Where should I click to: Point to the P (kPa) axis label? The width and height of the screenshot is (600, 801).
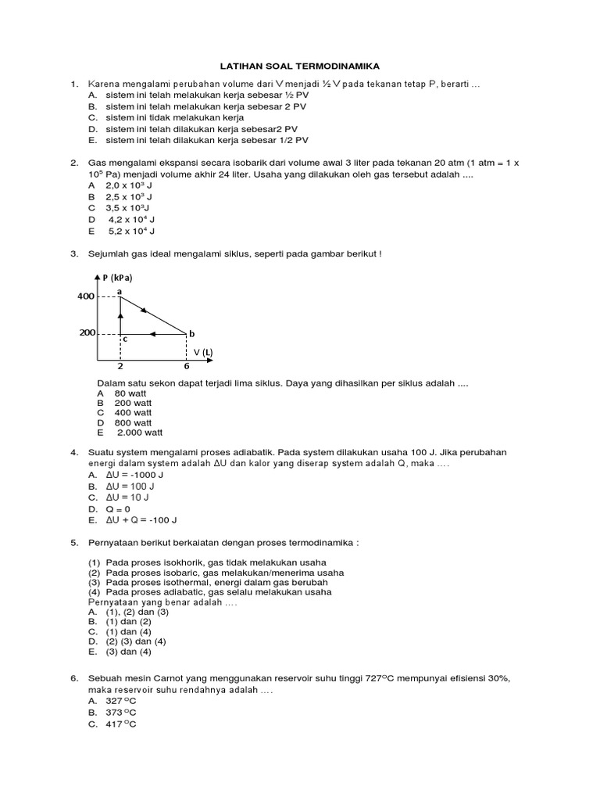(x=117, y=278)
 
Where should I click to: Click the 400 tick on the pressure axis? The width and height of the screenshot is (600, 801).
(x=85, y=296)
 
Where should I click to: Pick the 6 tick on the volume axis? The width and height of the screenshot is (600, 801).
(x=186, y=366)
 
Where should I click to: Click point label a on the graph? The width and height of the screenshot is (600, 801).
(x=120, y=291)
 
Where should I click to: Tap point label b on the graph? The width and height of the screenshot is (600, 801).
(x=191, y=333)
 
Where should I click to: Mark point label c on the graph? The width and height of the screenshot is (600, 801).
(x=124, y=339)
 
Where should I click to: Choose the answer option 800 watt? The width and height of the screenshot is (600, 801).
(x=134, y=422)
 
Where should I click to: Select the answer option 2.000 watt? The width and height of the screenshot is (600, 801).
(x=140, y=433)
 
